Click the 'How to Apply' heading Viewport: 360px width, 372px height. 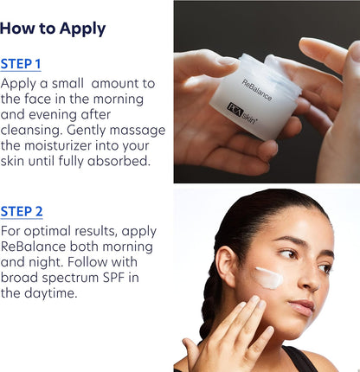coord(53,29)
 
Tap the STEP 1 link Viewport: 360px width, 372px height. coord(21,64)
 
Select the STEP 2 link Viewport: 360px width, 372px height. coord(22,212)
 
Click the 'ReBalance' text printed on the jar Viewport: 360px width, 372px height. coord(256,90)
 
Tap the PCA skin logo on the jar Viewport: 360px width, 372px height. coord(241,113)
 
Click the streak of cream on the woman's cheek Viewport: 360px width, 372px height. coord(269,278)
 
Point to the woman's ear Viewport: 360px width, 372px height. coord(226,266)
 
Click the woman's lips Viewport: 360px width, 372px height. coord(302,307)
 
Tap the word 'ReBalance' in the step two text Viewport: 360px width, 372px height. coord(33,247)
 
